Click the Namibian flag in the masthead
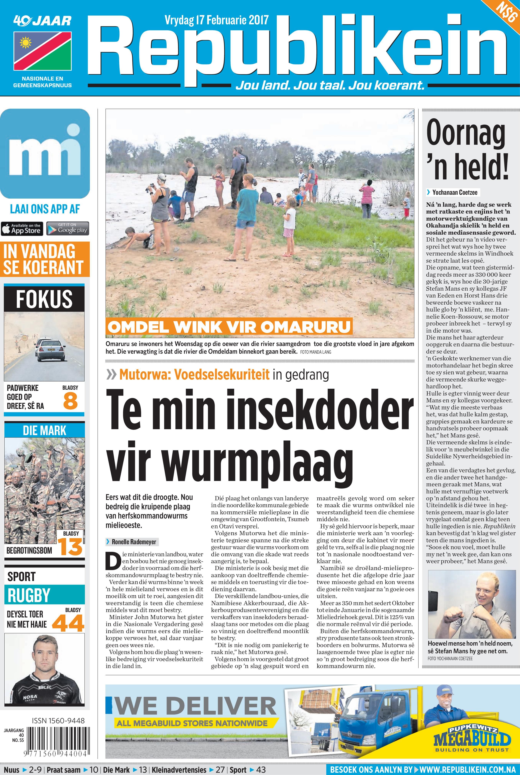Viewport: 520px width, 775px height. (x=42, y=51)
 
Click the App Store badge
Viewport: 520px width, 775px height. (x=22, y=229)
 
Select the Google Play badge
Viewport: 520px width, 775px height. (x=68, y=229)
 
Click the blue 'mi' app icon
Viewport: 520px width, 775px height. (x=45, y=153)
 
